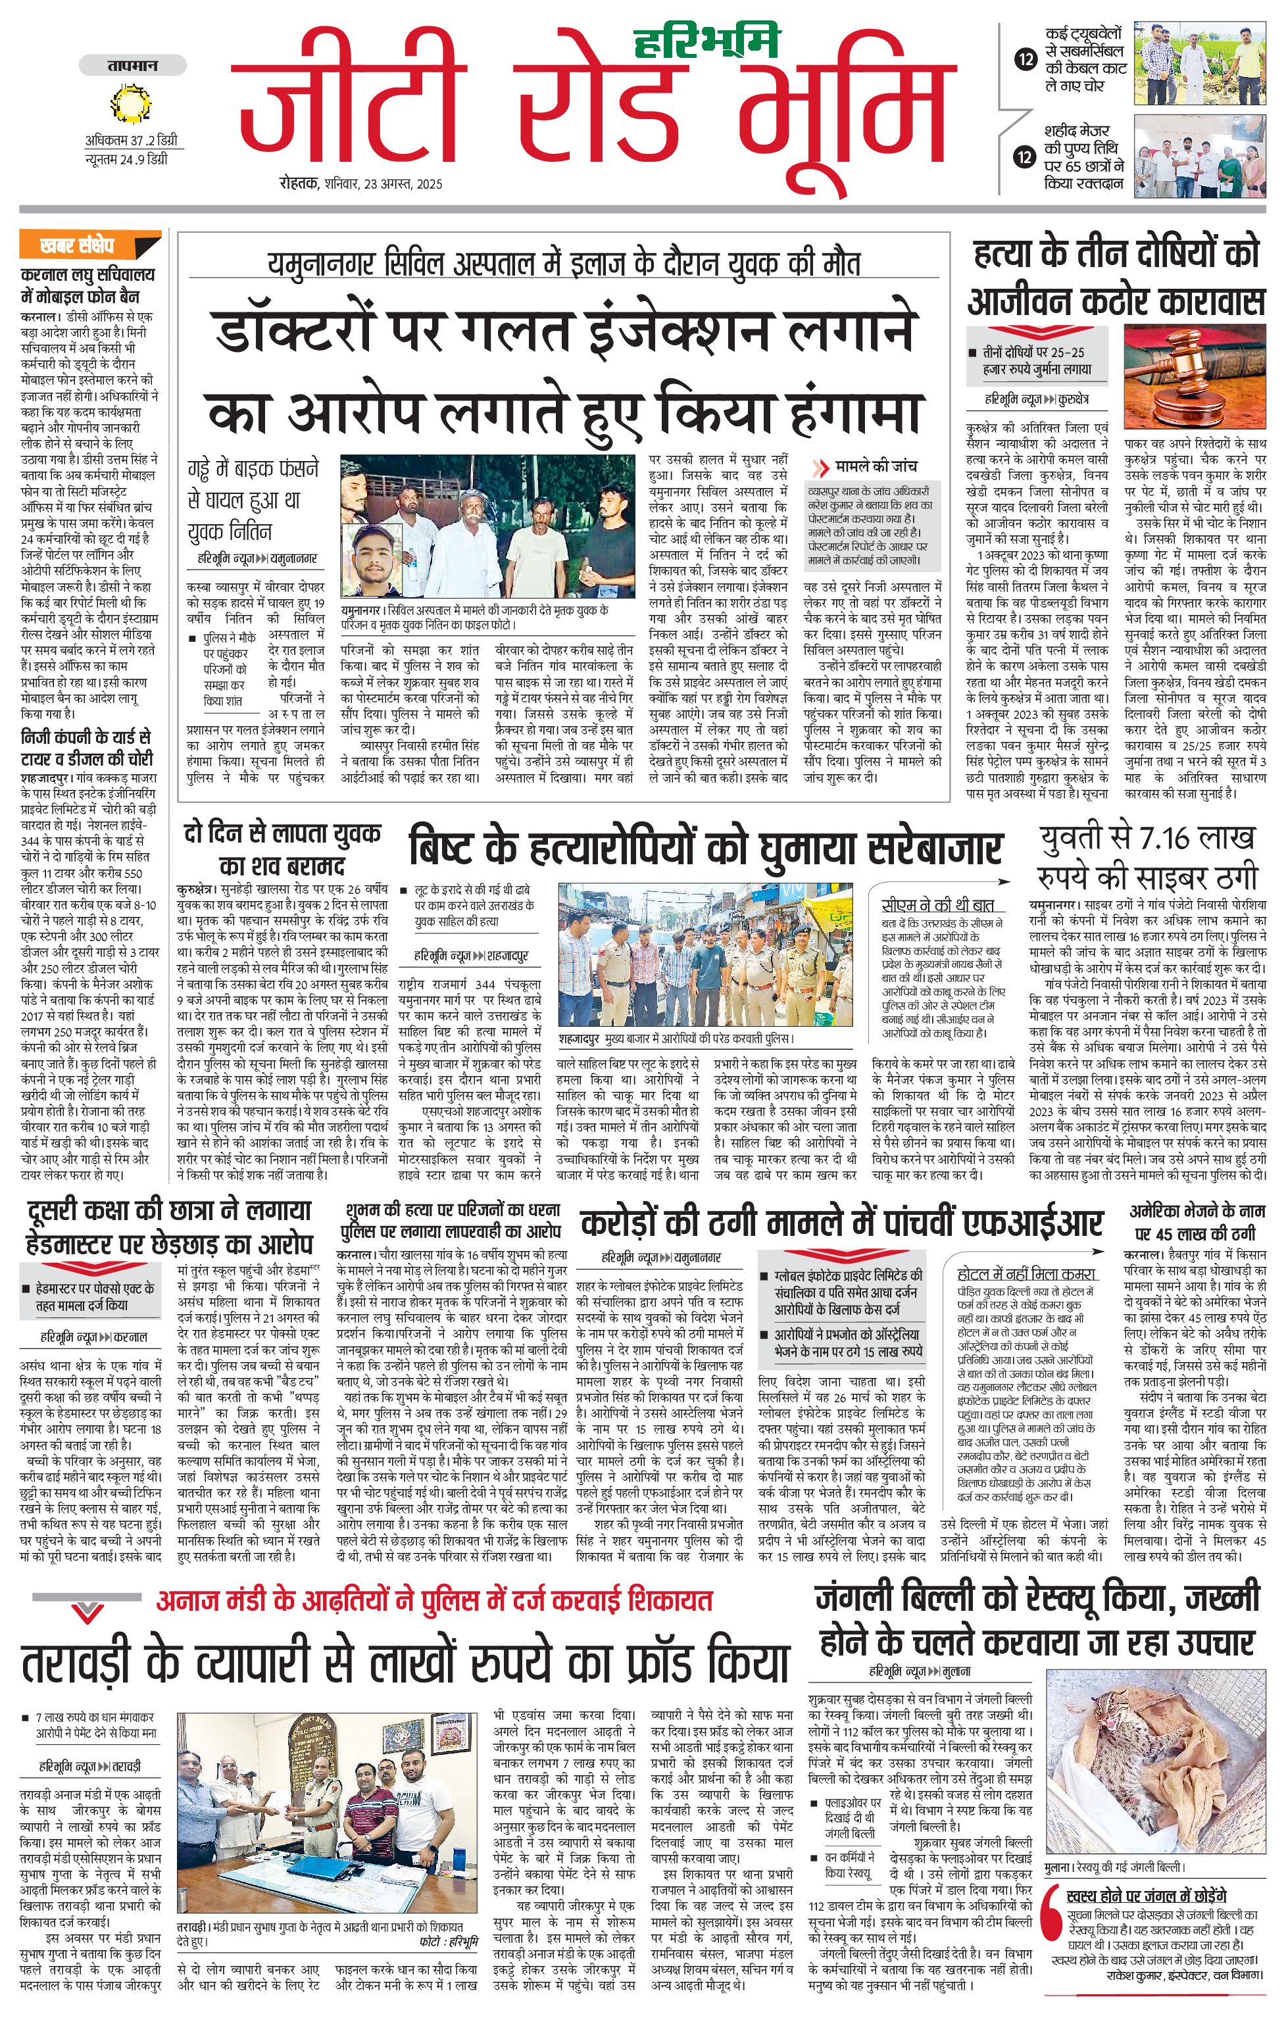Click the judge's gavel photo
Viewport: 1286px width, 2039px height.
[x=1195, y=378]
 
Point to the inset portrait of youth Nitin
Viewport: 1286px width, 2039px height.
[x=372, y=560]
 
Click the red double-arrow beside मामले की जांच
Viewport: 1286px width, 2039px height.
[x=820, y=468]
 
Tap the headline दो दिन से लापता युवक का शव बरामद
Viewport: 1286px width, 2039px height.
[x=282, y=849]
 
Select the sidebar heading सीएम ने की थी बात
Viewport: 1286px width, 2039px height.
[x=937, y=904]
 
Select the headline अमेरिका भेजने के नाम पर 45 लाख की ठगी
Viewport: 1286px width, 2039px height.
[x=1195, y=1222]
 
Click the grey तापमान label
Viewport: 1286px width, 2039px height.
[x=133, y=65]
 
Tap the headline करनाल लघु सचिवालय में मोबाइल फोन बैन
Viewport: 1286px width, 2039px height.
[x=88, y=285]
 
